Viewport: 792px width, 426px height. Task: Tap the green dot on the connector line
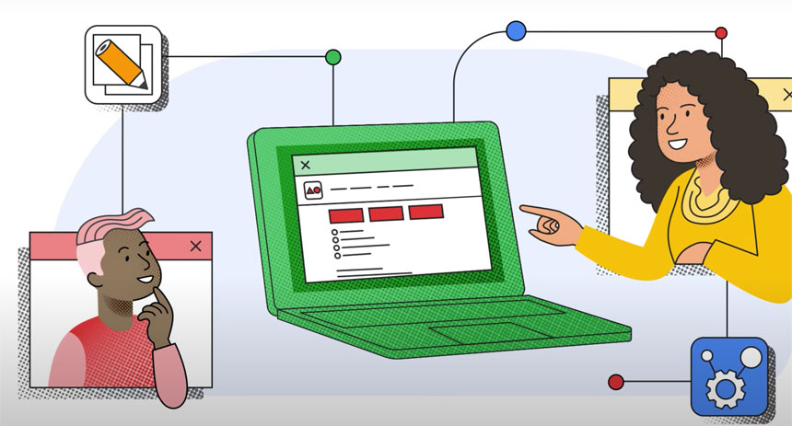click(333, 57)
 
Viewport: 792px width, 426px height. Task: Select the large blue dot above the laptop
click(516, 31)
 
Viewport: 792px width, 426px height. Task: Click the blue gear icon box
click(728, 374)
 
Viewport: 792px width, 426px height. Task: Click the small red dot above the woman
click(721, 33)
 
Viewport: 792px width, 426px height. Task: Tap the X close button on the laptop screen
click(306, 166)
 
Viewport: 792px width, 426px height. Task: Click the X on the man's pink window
click(195, 246)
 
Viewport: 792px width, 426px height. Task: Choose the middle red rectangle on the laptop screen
click(386, 213)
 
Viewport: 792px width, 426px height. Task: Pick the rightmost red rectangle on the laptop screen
click(426, 212)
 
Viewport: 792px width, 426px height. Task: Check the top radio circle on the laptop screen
click(336, 232)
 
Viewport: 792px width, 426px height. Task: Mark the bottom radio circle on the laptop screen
click(337, 257)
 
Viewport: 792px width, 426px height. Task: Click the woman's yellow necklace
click(704, 201)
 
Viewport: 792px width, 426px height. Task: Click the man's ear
click(109, 267)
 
